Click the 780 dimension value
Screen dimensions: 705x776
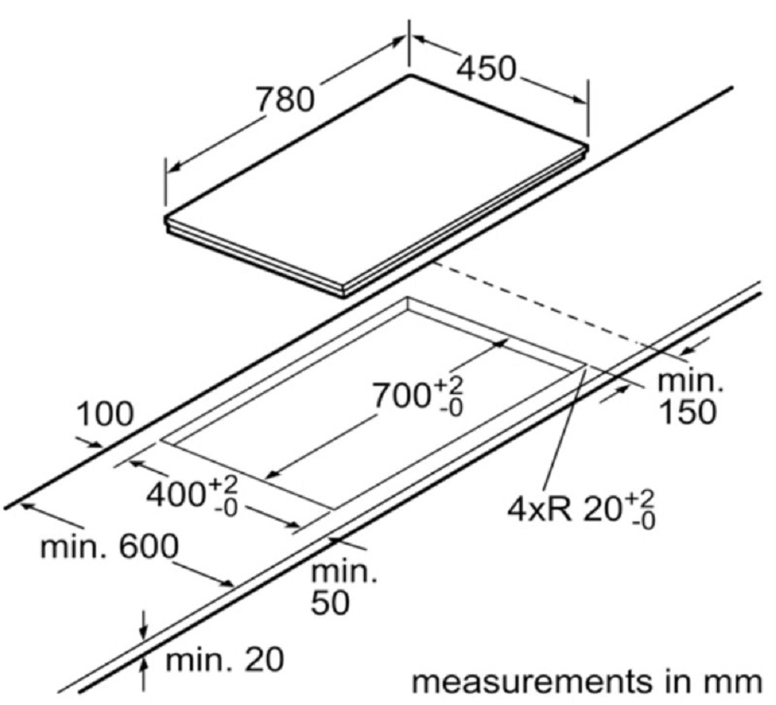285,99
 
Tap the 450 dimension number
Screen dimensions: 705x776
486,69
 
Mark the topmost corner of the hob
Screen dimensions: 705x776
410,75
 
